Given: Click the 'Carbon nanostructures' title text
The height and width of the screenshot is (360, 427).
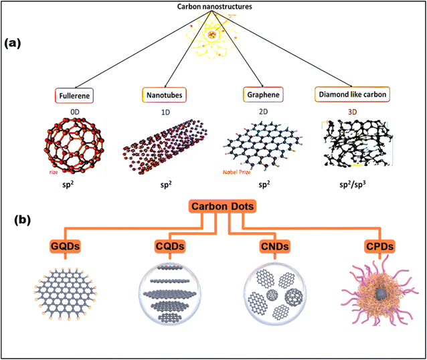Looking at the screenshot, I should click(213, 9).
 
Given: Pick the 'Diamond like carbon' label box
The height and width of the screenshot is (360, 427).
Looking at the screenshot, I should click(352, 95).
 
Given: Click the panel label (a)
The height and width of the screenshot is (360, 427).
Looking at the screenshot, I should click(15, 43).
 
